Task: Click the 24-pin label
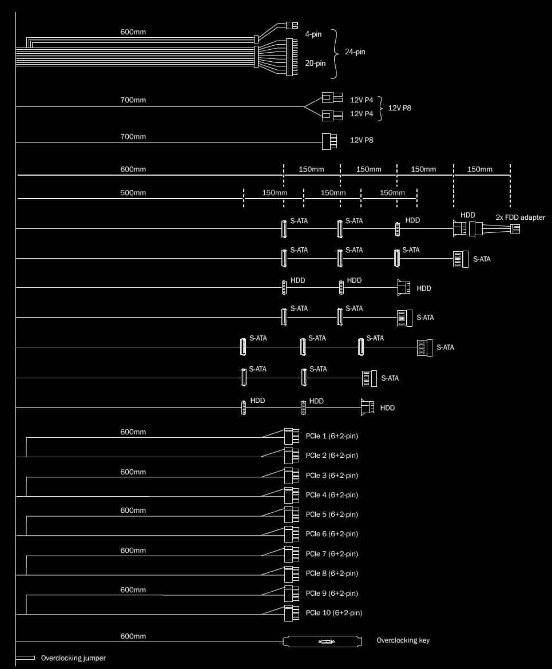click(355, 52)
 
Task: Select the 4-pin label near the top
click(313, 34)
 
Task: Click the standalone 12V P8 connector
click(329, 142)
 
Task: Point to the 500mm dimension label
click(133, 193)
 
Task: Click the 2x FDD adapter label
click(520, 217)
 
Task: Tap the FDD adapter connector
click(515, 229)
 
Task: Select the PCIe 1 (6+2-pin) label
click(331, 436)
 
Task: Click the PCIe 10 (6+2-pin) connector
click(291, 613)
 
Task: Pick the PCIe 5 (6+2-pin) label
click(331, 514)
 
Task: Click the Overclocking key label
click(403, 640)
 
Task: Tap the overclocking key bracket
click(323, 642)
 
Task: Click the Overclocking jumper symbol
click(25, 658)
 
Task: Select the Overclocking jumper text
click(73, 658)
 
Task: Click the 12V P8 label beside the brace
click(400, 108)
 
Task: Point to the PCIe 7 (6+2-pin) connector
click(291, 554)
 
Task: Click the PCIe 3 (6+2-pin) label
click(331, 476)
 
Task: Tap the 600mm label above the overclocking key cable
click(133, 636)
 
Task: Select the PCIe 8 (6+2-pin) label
click(331, 573)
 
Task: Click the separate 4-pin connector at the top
click(292, 25)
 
